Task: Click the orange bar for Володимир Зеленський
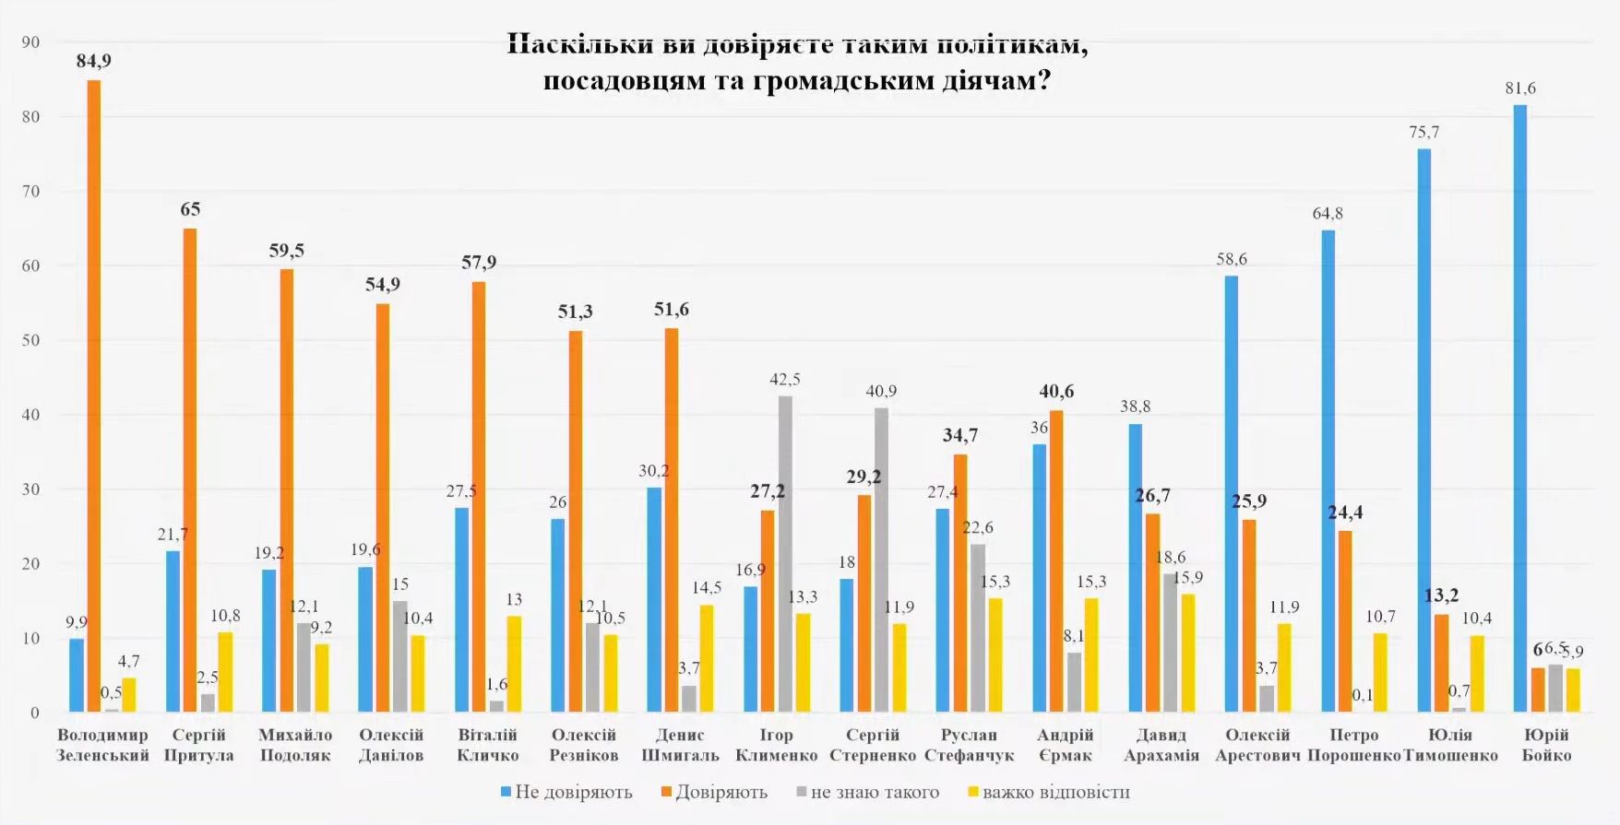(94, 396)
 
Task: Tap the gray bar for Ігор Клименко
(785, 554)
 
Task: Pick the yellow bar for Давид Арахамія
(1187, 653)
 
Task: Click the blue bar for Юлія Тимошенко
(1424, 430)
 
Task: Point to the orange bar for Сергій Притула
(190, 470)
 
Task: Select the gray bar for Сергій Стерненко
(882, 560)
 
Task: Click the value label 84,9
(93, 61)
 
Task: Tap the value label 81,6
(1520, 88)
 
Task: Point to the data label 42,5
(785, 379)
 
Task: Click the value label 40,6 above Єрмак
(1056, 392)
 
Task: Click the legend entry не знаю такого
(867, 792)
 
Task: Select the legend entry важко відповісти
(1049, 792)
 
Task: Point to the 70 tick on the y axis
(30, 192)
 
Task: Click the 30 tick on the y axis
(30, 489)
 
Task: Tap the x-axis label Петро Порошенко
(1354, 745)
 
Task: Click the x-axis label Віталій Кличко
(488, 745)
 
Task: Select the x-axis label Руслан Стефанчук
(969, 745)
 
